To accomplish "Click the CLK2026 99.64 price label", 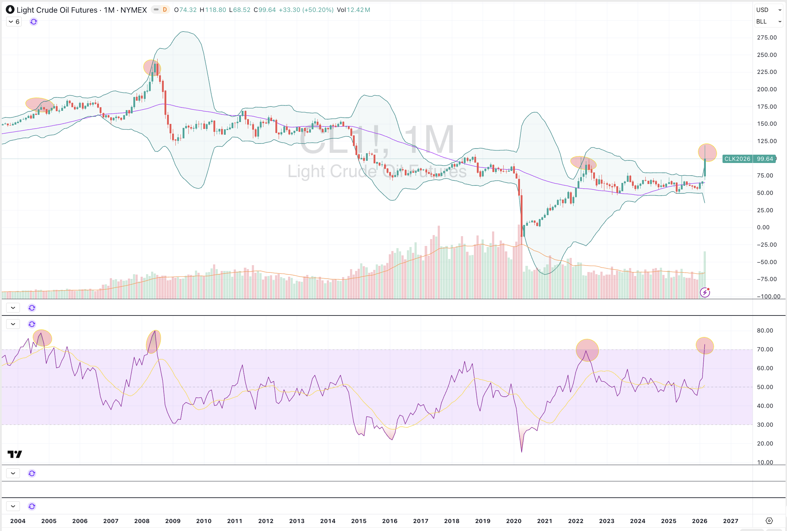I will [x=749, y=159].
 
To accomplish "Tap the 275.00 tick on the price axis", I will [x=766, y=38].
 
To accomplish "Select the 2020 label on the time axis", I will [x=513, y=521].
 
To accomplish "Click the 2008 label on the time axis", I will [x=142, y=521].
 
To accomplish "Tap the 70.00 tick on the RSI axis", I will [x=765, y=350].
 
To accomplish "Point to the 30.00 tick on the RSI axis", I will [x=765, y=425].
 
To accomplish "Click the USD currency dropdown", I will [x=769, y=10].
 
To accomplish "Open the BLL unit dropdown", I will [x=769, y=22].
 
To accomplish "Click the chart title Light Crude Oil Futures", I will [x=57, y=10].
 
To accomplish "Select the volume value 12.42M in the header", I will [x=358, y=10].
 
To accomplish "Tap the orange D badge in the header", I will [x=165, y=10].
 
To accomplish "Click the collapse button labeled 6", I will [x=14, y=22].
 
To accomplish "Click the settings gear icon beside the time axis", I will [x=769, y=521].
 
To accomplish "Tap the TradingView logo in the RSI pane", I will [x=15, y=454].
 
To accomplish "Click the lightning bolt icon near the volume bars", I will [x=705, y=292].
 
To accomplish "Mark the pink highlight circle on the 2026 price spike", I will [x=707, y=152].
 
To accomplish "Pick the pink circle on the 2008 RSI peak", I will [x=153, y=342].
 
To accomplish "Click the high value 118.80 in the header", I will [x=215, y=10].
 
